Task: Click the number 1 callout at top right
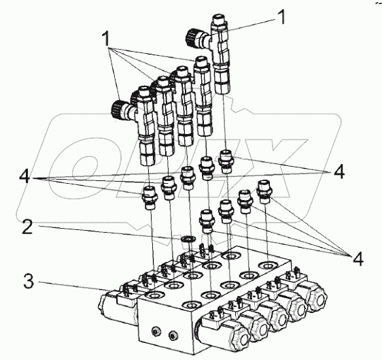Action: (x=282, y=17)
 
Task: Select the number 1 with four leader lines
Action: (x=106, y=39)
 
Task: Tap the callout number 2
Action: (x=27, y=227)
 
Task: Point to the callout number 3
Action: (x=29, y=280)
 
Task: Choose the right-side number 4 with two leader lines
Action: (x=339, y=171)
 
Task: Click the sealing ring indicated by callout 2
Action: (x=188, y=239)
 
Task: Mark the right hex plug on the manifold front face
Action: (x=173, y=336)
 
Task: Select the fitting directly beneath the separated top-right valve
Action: (x=226, y=161)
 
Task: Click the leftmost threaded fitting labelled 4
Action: (x=149, y=198)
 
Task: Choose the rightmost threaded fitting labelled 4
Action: (x=265, y=192)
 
